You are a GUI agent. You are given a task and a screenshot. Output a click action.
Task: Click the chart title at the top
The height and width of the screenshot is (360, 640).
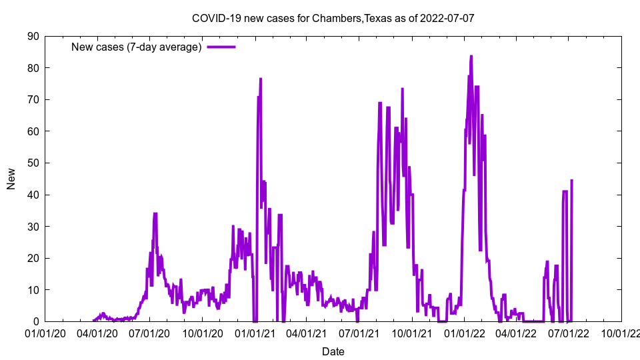tap(333, 18)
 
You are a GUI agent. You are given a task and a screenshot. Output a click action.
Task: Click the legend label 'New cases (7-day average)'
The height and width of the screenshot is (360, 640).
tap(137, 47)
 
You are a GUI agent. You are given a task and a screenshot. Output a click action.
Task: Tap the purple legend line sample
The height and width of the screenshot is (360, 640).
tap(221, 47)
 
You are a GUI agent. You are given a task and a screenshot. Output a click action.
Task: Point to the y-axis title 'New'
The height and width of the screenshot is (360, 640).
tap(11, 179)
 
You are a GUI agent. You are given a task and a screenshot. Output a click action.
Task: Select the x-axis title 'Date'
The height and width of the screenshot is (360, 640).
tap(333, 351)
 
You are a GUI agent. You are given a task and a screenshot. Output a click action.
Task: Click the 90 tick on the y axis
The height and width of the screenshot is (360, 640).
tap(33, 36)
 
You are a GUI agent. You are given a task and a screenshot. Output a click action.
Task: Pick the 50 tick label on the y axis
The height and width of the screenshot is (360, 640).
tap(33, 163)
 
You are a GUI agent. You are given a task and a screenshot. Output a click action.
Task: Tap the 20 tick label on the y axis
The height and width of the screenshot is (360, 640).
tap(33, 258)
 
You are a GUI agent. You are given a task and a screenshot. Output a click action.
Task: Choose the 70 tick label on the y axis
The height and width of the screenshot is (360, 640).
tap(33, 100)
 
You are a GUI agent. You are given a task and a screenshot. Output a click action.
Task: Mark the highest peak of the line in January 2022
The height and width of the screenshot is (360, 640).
tap(471, 56)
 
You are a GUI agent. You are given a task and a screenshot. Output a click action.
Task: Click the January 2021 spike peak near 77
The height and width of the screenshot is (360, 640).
tap(261, 79)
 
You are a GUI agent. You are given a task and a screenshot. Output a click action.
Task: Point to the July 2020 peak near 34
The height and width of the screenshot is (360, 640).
tap(155, 214)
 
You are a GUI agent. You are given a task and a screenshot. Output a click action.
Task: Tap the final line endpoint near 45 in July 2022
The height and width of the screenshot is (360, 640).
tap(572, 180)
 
